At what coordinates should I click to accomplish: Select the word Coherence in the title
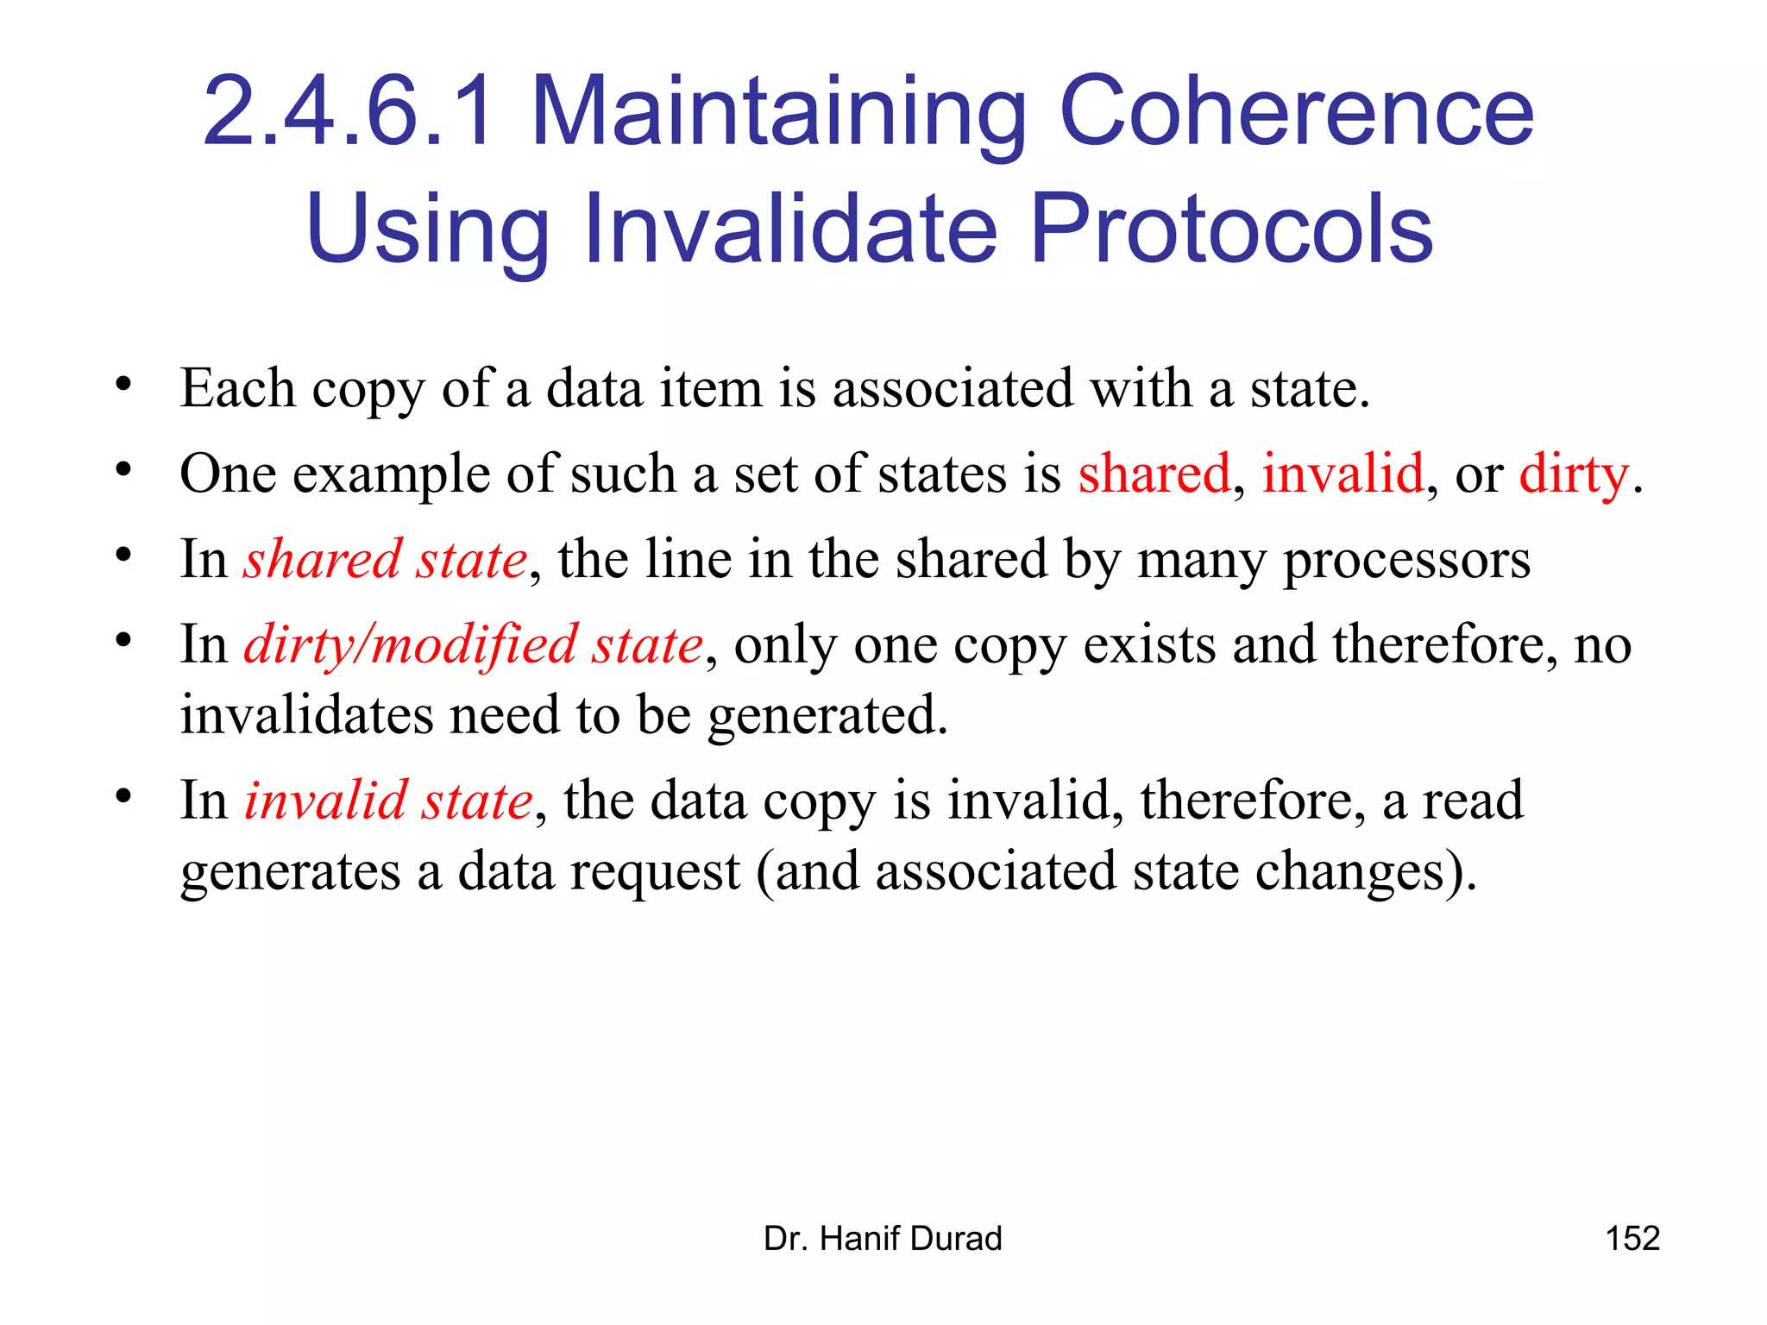pyautogui.click(x=1296, y=112)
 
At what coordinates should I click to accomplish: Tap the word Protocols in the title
pyautogui.click(x=1231, y=229)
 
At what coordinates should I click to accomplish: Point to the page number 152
pyautogui.click(x=1632, y=1239)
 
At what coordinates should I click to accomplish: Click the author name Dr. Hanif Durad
pyautogui.click(x=883, y=1239)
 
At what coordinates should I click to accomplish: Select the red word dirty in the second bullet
pyautogui.click(x=1574, y=474)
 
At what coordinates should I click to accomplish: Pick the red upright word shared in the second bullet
pyautogui.click(x=1154, y=474)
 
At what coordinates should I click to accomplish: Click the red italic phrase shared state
pyautogui.click(x=385, y=559)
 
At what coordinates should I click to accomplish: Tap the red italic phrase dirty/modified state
pyautogui.click(x=474, y=644)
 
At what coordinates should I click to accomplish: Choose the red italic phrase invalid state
pyautogui.click(x=388, y=800)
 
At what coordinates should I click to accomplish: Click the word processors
pyautogui.click(x=1407, y=561)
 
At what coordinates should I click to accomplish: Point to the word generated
pyautogui.click(x=827, y=715)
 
